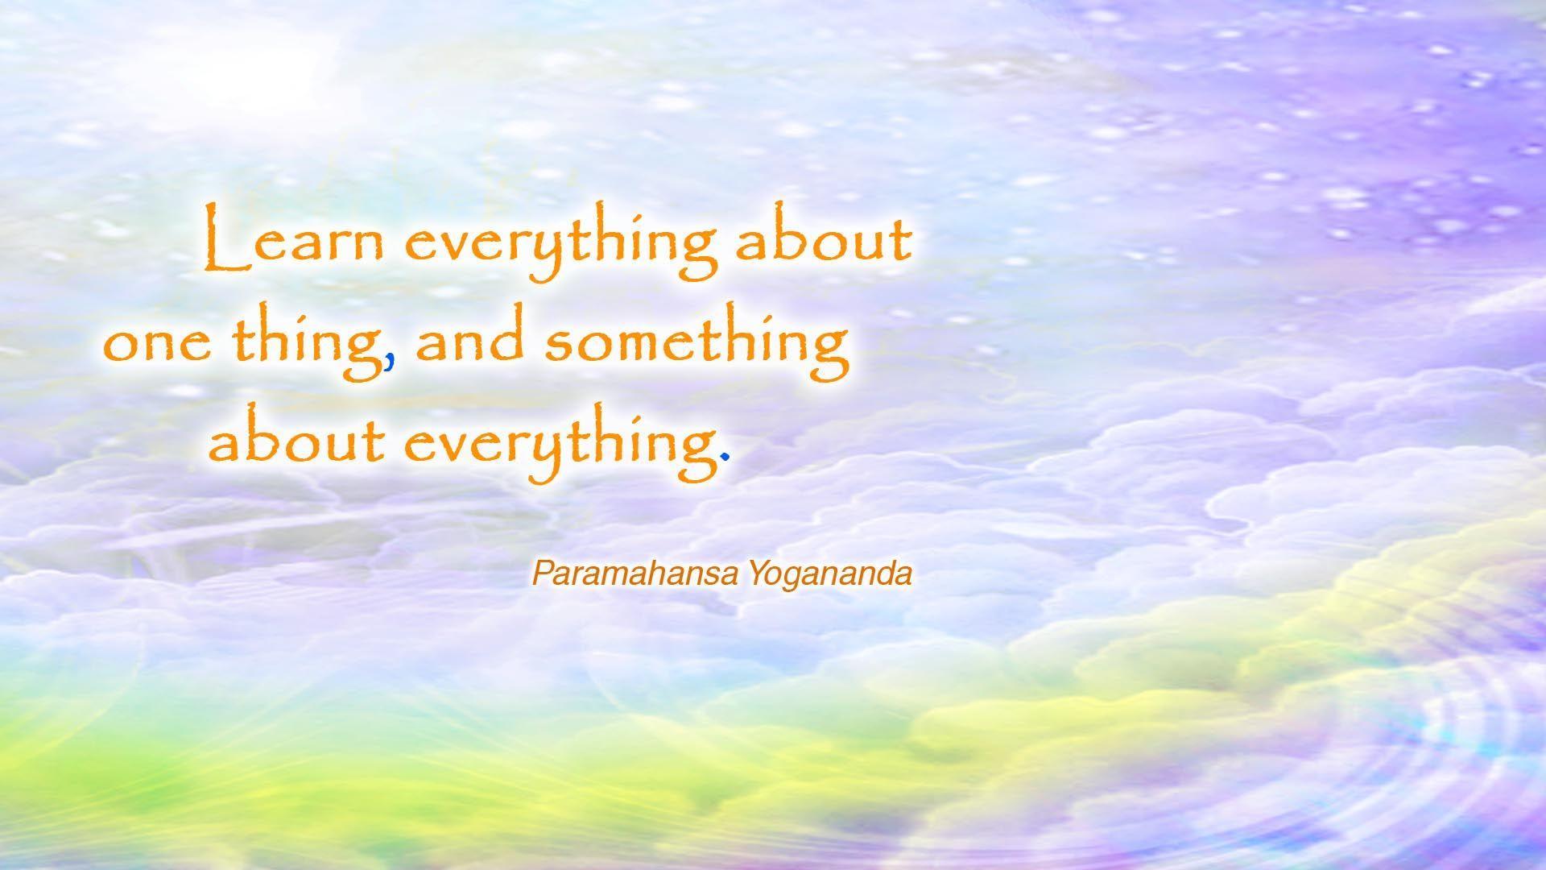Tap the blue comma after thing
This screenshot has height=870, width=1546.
[x=390, y=363]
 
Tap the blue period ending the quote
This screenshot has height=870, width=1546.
[x=725, y=458]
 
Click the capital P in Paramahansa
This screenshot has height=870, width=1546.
[x=539, y=574]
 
